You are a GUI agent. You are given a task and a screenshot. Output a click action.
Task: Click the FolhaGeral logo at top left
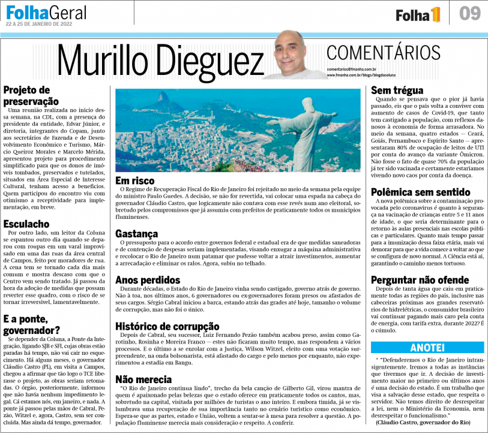click(46, 12)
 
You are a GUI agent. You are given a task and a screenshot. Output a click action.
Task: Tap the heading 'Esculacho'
click(27, 224)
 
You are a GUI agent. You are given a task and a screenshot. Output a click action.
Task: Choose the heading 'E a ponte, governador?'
click(32, 324)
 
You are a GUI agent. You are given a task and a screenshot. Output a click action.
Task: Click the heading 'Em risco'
click(134, 180)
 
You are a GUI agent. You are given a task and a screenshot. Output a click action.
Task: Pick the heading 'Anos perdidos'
click(147, 279)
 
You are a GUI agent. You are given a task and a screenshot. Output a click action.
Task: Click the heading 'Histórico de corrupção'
click(166, 326)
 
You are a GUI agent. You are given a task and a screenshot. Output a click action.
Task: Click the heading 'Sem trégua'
click(397, 91)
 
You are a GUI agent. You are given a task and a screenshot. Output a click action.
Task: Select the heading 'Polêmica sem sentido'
click(420, 192)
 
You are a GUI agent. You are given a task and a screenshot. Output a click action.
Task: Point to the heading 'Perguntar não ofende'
click(420, 279)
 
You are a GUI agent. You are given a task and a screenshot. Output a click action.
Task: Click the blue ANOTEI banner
click(427, 347)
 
